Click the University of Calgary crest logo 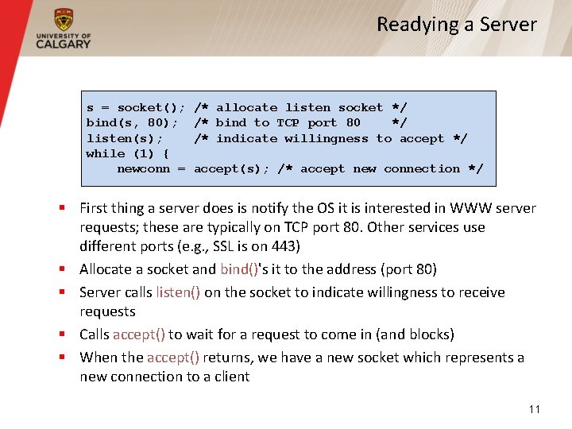(63, 20)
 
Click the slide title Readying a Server (456, 25)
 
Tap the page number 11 (534, 409)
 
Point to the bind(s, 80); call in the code (132, 122)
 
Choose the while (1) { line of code (121, 153)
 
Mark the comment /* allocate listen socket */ (300, 107)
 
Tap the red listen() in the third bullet (178, 292)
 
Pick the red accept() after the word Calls (138, 334)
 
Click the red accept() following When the (172, 357)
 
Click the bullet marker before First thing (61, 209)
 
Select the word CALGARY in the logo (63, 44)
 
